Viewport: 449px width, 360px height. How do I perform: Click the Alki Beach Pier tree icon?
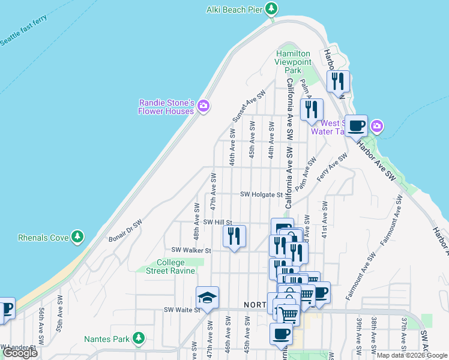click(272, 9)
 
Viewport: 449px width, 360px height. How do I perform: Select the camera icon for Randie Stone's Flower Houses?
click(203, 106)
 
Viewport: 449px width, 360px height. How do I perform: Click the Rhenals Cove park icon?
click(77, 238)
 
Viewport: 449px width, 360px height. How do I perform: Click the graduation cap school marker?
click(207, 296)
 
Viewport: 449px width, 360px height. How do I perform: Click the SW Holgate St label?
click(261, 194)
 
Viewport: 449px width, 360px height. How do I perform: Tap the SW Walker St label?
click(191, 250)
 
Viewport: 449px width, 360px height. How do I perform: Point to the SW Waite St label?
click(182, 310)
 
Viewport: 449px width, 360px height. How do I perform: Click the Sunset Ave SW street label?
click(248, 107)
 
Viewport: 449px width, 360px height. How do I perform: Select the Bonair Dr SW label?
click(125, 230)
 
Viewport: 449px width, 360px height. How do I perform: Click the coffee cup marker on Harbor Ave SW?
click(356, 125)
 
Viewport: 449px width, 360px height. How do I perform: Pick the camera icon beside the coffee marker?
click(377, 126)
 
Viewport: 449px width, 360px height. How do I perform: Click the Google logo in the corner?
click(20, 353)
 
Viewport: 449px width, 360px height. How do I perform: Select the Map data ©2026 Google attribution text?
click(411, 355)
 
